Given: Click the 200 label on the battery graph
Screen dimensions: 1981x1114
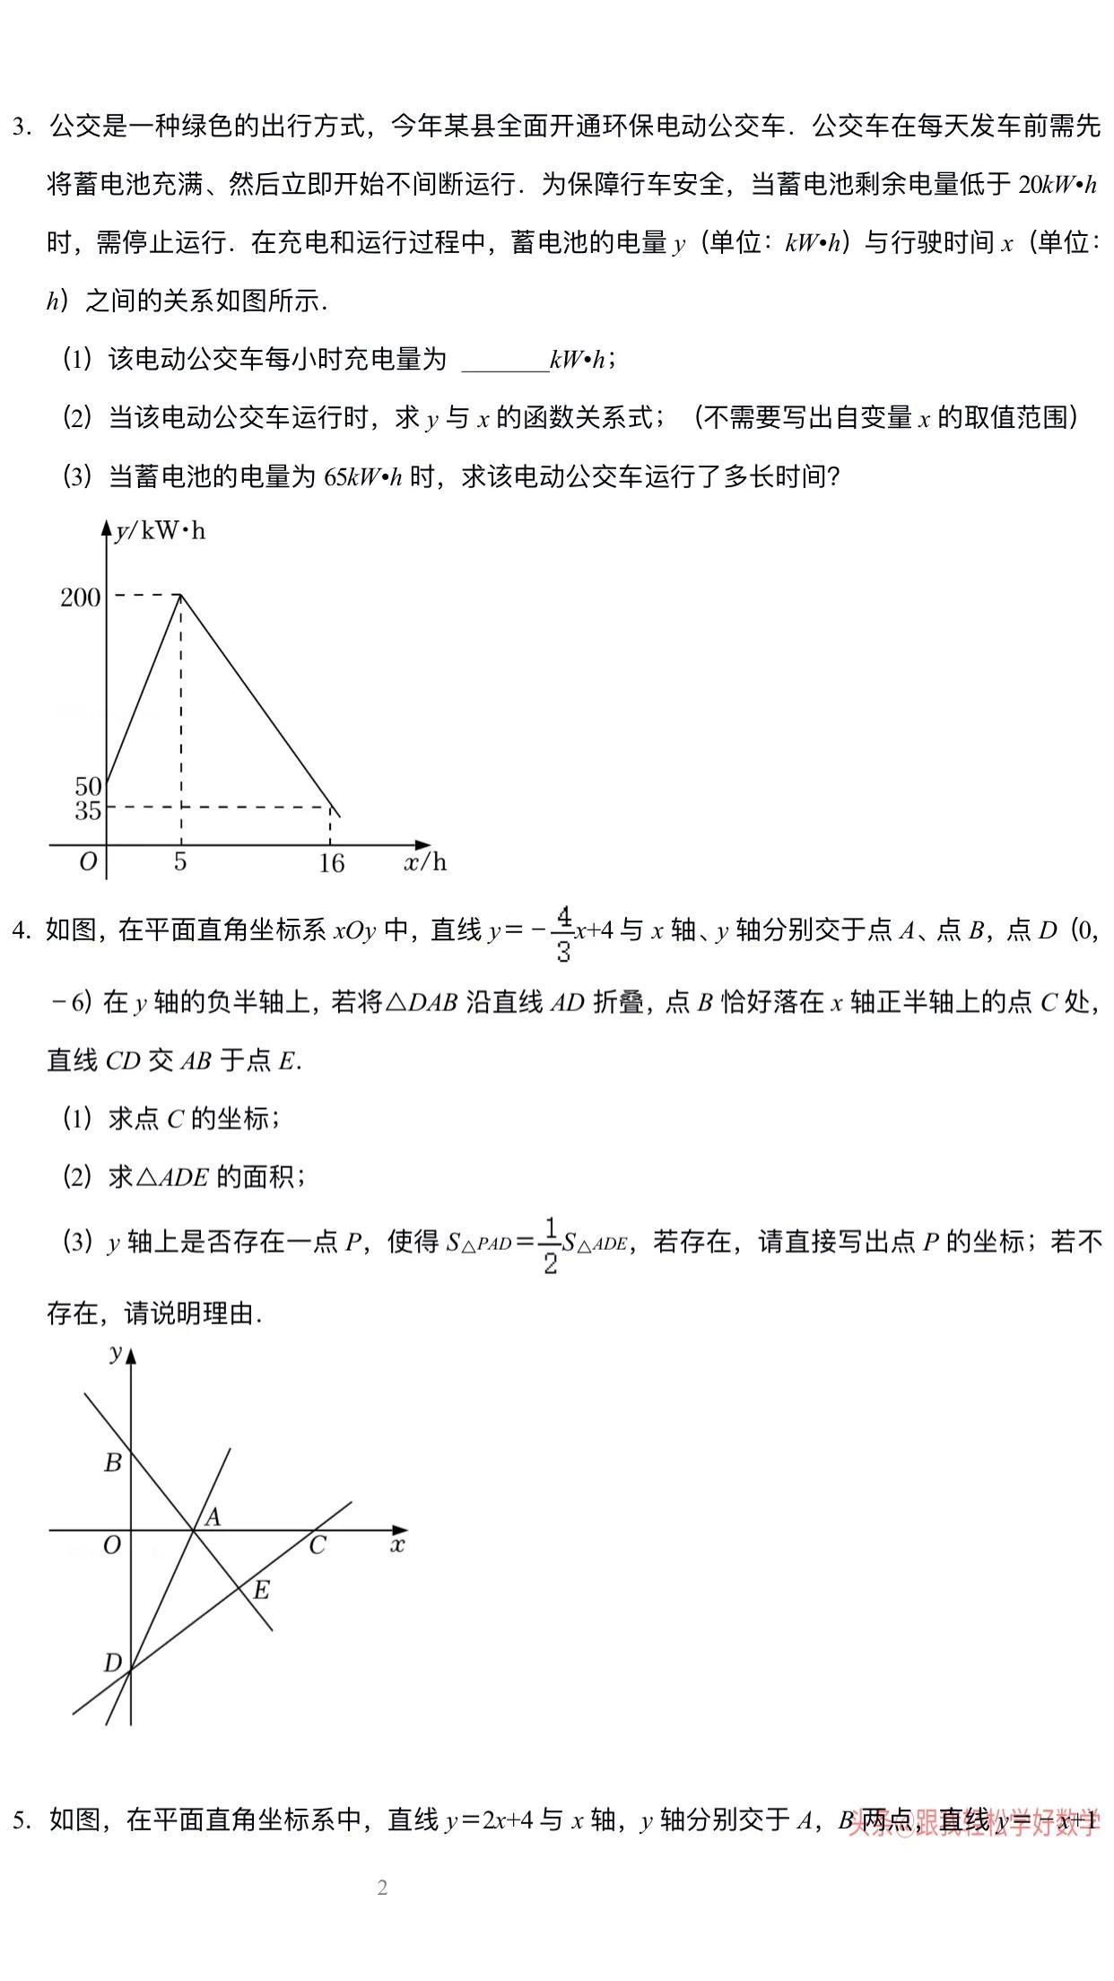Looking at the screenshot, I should (81, 598).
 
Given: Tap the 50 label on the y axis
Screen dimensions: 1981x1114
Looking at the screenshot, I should (88, 787).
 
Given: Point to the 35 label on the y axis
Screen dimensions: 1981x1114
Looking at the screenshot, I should (88, 810).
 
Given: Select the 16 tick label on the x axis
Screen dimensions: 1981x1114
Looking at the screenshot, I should (331, 864).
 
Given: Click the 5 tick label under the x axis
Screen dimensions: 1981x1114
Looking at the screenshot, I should (180, 862).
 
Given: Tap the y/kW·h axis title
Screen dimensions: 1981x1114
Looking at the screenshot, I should (161, 531).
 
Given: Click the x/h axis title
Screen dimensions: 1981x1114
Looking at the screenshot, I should (425, 863).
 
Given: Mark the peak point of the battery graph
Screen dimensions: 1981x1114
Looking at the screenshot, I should (181, 594).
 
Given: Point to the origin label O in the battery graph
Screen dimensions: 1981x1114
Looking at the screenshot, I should (88, 862).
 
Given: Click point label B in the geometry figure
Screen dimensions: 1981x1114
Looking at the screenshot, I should (113, 1463).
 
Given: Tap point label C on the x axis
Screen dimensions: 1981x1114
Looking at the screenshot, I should (317, 1546).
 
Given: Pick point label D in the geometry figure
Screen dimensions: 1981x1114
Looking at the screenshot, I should (113, 1663).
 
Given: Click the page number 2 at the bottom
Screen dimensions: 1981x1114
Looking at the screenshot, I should (383, 1888).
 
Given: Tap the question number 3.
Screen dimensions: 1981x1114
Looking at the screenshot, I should (21, 127).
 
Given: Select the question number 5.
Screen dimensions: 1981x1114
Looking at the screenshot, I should (21, 1820).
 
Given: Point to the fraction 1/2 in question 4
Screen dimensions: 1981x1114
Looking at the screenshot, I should (550, 1245).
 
